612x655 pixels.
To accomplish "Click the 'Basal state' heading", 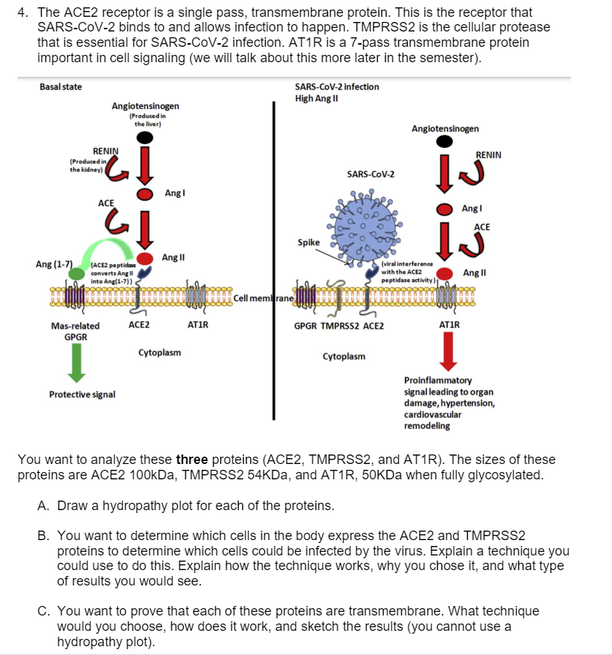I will [x=61, y=87].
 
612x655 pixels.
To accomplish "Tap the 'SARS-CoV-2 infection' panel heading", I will [x=337, y=86].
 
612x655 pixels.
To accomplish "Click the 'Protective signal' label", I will [x=82, y=394].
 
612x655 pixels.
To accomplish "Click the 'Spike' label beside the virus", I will [x=308, y=242].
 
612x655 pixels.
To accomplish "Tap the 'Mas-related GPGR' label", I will [x=75, y=331].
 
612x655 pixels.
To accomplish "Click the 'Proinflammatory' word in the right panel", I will [x=438, y=381].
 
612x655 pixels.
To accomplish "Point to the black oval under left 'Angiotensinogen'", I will [x=146, y=137].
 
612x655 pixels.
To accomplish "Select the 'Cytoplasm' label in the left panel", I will [x=160, y=353].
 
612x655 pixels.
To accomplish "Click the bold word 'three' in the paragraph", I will [x=192, y=460].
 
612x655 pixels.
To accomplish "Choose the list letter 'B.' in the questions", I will [x=44, y=536].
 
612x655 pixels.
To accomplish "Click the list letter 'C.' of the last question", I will [x=44, y=610].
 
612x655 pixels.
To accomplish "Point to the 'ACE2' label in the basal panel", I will [x=139, y=325].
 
